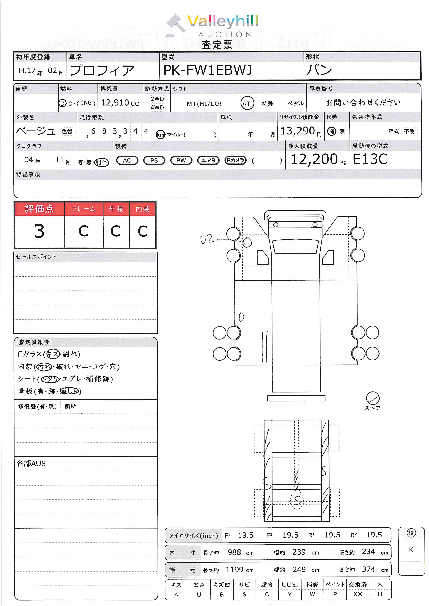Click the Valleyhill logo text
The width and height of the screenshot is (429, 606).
222,21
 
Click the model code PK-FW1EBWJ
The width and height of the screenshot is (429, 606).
208,70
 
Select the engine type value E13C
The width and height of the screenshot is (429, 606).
370,159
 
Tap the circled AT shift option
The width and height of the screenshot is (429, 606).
247,103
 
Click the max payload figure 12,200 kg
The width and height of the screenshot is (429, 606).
318,159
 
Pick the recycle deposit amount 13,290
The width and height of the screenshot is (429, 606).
298,131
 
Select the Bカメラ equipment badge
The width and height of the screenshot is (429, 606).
235,160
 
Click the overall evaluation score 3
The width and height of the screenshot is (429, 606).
39,231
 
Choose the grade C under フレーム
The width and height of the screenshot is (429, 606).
84,231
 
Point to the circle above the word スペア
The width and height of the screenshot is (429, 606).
372,398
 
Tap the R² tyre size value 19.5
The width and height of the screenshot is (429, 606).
374,535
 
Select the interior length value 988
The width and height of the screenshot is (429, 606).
234,552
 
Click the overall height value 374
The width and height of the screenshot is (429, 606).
368,569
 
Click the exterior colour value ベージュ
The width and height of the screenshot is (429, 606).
36,131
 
